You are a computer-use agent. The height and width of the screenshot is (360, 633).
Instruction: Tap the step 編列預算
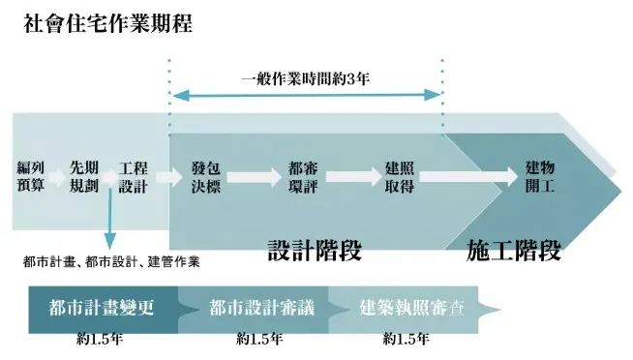(x=30, y=176)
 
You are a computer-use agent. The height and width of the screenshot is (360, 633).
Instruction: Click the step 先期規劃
(x=84, y=176)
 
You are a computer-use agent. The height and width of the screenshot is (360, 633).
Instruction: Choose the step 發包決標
(x=206, y=176)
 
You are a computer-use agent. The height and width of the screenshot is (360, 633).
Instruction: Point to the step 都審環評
(x=304, y=176)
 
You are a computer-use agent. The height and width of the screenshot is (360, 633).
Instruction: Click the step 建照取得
(x=400, y=176)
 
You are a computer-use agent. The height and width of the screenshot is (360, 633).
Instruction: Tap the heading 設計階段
(x=315, y=250)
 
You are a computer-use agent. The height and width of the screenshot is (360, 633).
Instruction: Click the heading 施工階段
(x=513, y=250)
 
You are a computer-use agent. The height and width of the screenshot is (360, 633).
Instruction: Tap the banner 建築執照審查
(x=411, y=308)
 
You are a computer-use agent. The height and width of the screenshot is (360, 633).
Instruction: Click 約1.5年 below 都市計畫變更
(x=99, y=340)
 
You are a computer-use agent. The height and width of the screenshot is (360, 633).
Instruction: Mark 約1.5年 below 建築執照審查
(x=407, y=340)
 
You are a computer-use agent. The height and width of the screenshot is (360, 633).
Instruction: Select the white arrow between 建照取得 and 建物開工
(x=464, y=177)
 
